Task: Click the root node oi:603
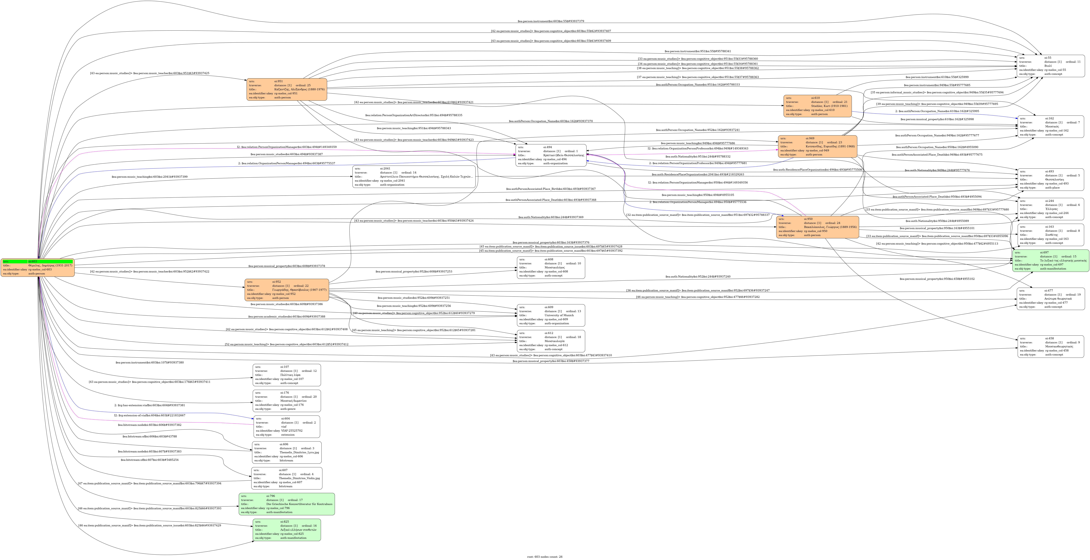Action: point(38,267)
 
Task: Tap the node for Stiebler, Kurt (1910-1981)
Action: point(817,106)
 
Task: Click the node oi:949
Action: point(817,146)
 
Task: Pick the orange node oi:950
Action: point(817,227)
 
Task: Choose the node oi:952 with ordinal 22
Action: point(287,290)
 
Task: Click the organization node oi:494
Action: point(551,155)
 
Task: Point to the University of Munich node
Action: point(551,315)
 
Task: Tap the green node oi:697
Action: point(1050,261)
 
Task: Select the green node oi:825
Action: point(287,530)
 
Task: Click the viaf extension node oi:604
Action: point(287,426)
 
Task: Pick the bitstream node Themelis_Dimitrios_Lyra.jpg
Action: point(287,452)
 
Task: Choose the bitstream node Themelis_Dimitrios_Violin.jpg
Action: point(287,478)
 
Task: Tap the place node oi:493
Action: point(1050,179)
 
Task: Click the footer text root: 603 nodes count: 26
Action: point(545,557)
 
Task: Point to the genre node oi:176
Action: point(287,401)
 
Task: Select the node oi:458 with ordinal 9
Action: point(1050,346)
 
